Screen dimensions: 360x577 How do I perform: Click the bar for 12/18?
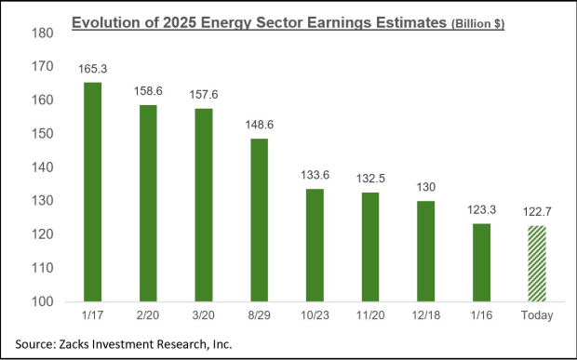click(425, 251)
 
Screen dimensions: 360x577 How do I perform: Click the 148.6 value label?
click(259, 126)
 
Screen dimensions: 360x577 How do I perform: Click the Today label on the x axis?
click(537, 316)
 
